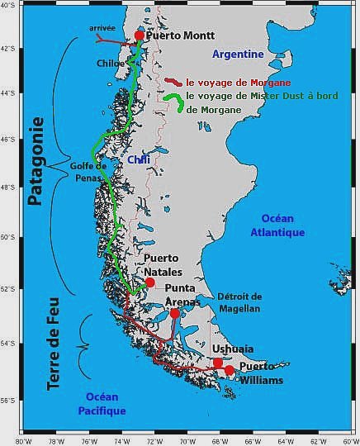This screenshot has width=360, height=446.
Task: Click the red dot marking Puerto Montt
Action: (139, 36)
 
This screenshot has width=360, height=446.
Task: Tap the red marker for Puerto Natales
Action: (149, 282)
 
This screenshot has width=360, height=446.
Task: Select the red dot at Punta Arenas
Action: (175, 313)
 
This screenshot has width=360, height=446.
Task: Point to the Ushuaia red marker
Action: (218, 363)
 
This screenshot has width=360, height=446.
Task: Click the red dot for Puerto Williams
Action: (230, 370)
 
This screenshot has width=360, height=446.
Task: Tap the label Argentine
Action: (238, 55)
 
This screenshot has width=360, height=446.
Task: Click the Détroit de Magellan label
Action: (239, 302)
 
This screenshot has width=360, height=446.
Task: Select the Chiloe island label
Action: (111, 63)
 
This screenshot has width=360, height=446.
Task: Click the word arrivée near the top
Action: (102, 28)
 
